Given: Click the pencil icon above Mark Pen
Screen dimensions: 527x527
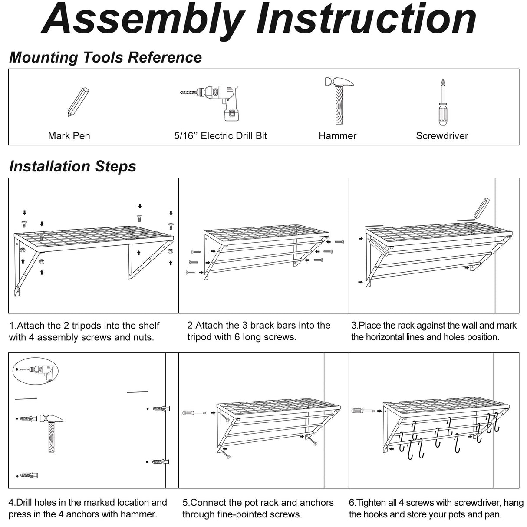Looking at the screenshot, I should pyautogui.click(x=78, y=102).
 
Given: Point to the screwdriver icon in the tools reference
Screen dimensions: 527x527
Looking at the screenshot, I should pyautogui.click(x=442, y=103).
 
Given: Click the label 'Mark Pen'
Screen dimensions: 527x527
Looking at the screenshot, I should pyautogui.click(x=69, y=136).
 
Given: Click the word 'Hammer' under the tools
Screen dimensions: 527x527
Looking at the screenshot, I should pyautogui.click(x=337, y=136).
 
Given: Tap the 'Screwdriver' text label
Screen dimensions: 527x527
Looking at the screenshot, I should pyautogui.click(x=442, y=136).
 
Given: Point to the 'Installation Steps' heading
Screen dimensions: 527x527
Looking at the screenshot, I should pyautogui.click(x=72, y=166).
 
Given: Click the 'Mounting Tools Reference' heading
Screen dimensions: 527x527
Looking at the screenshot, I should pyautogui.click(x=105, y=57).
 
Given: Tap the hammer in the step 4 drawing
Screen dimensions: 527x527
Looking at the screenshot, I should pyautogui.click(x=53, y=432).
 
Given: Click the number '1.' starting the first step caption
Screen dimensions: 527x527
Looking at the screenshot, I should pyautogui.click(x=13, y=326).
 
